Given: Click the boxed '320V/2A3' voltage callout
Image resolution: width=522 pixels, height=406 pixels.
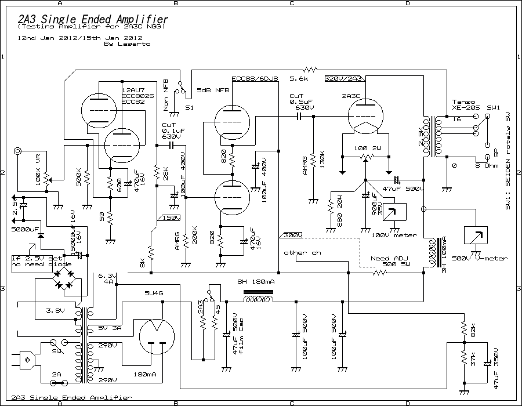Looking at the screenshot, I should click(x=344, y=78).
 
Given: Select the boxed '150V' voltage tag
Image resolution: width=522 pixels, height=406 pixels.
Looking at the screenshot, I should click(x=171, y=217).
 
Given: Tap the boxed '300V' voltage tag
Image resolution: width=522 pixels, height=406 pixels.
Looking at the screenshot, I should click(x=292, y=235).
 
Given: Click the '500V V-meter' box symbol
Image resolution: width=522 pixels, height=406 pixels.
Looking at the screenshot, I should click(x=476, y=234).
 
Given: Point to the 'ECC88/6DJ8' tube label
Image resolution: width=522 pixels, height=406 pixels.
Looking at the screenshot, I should click(x=255, y=78).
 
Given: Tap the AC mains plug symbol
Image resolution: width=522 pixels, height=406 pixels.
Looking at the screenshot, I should click(x=25, y=360).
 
